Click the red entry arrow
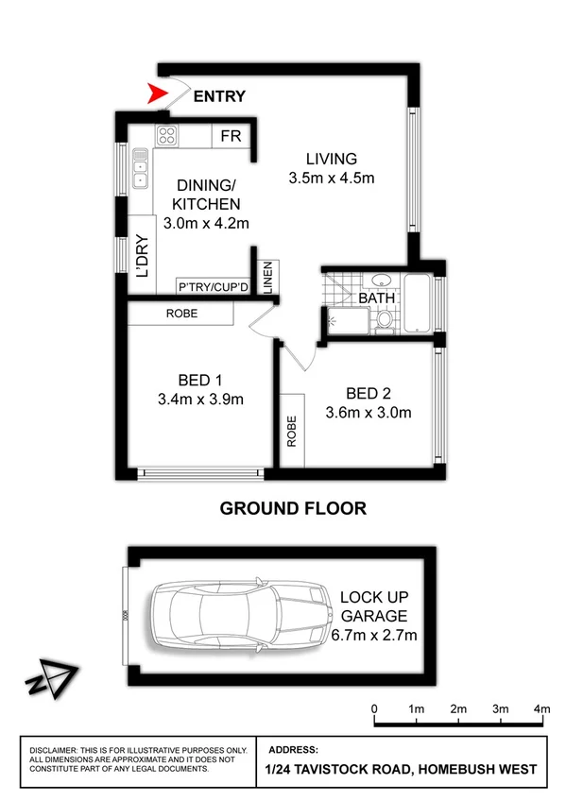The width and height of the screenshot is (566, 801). point(158,94)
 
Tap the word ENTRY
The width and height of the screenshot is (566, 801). point(219,95)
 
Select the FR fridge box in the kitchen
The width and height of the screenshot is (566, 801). point(231,136)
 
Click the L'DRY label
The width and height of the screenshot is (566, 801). point(145,257)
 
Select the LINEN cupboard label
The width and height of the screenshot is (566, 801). point(267,277)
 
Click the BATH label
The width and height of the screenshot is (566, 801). point(376,298)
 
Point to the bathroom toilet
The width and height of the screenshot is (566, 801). point(384,322)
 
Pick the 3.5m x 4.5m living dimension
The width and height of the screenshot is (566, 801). point(331,178)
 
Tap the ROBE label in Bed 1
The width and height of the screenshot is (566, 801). point(181,313)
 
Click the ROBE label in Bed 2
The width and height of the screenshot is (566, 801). point(291,431)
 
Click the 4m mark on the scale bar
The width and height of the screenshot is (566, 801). point(541,708)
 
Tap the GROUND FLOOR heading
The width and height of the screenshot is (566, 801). point(293,508)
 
